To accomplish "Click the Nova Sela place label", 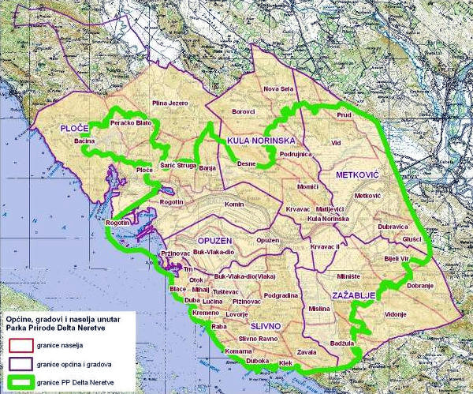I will coord(278,89).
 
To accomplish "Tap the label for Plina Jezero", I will coord(171,103).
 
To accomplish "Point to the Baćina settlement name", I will coord(84,141).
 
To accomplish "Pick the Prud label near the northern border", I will coord(344,115).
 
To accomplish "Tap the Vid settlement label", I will coord(336,143).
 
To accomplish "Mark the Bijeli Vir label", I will coord(397,258).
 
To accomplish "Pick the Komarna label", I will coord(238,350).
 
